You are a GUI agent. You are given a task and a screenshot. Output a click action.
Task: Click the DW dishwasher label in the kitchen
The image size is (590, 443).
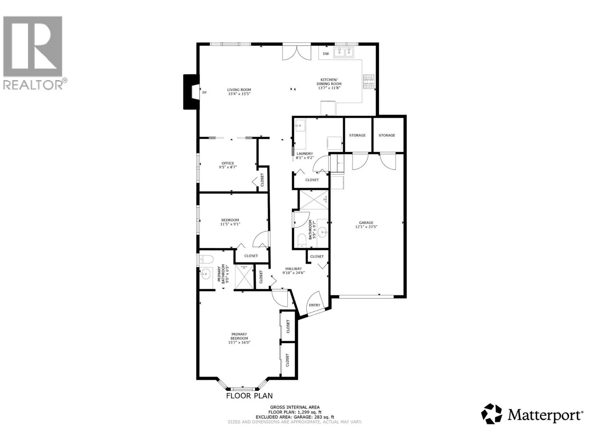point(326,54)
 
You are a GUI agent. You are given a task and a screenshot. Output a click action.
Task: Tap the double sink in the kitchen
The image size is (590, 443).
point(344,52)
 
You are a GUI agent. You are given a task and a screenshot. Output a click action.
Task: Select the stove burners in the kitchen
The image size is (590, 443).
point(368,82)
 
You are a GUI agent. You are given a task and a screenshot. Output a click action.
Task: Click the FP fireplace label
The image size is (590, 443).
point(204,93)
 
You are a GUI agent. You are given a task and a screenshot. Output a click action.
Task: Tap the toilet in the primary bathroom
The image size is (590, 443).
point(206,260)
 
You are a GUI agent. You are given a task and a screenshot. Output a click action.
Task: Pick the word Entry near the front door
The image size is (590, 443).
point(315,305)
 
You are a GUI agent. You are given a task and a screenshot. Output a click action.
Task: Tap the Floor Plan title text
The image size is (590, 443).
point(249,396)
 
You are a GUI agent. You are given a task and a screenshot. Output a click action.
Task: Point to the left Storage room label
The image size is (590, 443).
point(357,135)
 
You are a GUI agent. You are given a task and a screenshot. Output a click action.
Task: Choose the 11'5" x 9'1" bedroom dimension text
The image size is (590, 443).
point(230,224)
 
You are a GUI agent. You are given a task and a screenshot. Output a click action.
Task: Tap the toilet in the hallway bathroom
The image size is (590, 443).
point(302,240)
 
